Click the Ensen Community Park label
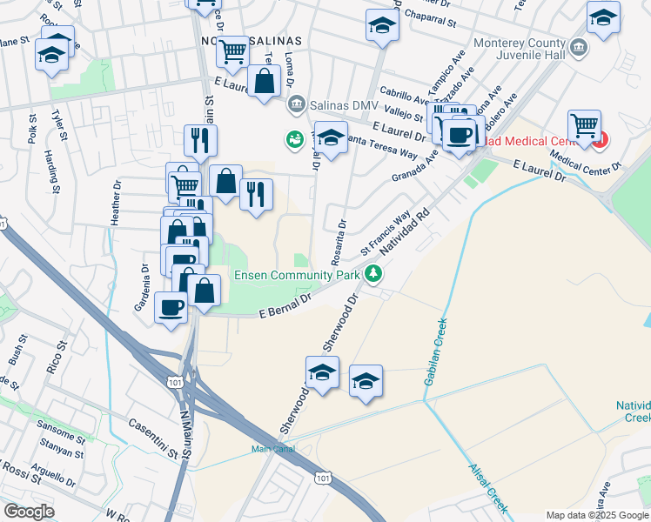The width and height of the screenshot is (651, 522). (297, 276)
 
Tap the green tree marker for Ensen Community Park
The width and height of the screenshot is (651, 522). (374, 274)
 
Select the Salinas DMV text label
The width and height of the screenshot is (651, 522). (345, 105)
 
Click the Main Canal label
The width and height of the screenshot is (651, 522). (273, 449)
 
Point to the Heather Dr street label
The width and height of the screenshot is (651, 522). (115, 204)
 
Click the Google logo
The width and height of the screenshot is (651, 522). (29, 512)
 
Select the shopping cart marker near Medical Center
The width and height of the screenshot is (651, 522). (583, 125)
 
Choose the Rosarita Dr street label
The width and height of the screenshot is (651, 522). (336, 243)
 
